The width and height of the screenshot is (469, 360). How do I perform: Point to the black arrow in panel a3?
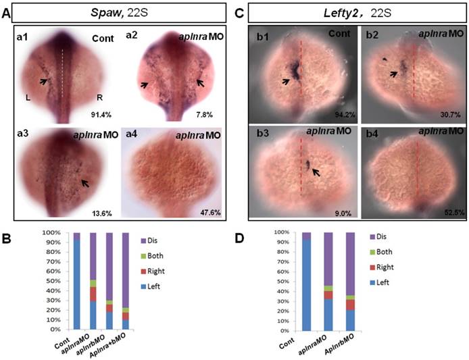[x=82, y=182]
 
